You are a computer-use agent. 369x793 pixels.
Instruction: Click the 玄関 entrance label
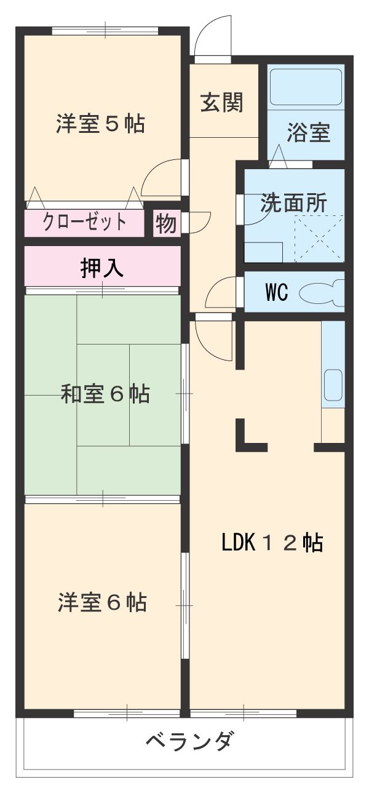coord(221,102)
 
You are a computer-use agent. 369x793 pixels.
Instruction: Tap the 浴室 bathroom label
coord(309,133)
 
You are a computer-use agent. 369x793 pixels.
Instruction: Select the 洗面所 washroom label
coord(293,204)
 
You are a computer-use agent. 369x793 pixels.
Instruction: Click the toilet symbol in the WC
coord(321,293)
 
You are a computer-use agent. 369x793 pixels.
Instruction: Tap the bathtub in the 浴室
coord(306,90)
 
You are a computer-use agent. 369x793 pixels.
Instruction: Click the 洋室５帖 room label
coord(101,124)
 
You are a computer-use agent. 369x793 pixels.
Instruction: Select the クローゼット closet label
coord(84,222)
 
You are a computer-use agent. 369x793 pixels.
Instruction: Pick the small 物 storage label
coord(165,224)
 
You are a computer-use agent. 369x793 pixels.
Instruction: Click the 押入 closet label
coord(102,268)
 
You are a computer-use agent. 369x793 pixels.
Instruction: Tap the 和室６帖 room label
coord(105,394)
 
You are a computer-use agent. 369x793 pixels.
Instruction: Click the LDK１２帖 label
coord(272,543)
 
